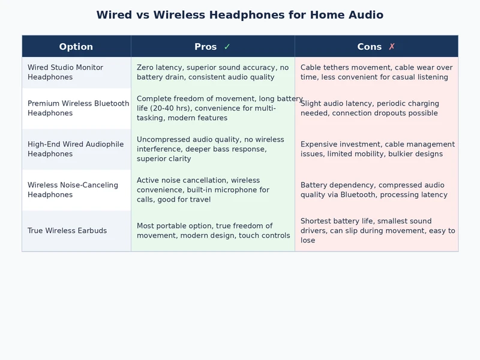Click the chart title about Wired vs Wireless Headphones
(240, 15)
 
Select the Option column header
(76, 47)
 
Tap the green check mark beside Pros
(227, 47)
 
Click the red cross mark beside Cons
(392, 47)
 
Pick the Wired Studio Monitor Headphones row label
(65, 73)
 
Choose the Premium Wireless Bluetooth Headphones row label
(78, 109)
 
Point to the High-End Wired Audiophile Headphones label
(76, 149)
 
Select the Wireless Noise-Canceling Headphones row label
(73, 190)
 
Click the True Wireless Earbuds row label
(67, 231)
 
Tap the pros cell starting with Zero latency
(212, 73)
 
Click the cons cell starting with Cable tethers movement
(376, 73)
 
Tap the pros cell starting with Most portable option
(213, 231)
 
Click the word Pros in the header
(206, 47)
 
